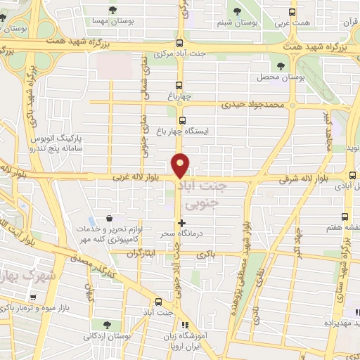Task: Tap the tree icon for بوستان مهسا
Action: (113, 10)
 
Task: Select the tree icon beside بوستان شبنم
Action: (237, 11)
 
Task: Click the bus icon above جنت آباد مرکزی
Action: (180, 42)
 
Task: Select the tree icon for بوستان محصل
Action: (281, 65)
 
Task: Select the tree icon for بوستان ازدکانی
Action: (106, 324)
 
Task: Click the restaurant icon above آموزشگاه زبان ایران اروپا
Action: (186, 325)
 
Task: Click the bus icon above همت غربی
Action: (293, 11)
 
